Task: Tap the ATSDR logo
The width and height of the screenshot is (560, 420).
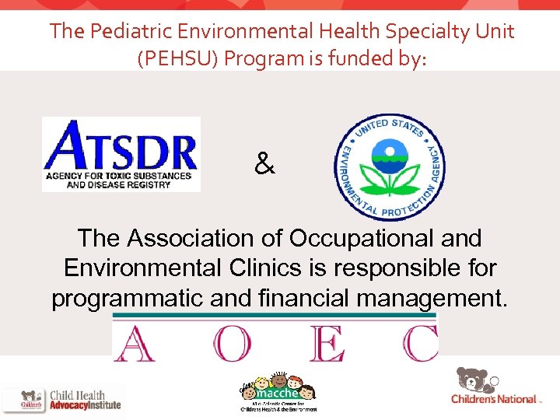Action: (121, 154)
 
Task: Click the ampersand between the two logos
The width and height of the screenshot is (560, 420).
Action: (264, 164)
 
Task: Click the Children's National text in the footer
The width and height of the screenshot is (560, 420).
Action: (494, 399)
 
